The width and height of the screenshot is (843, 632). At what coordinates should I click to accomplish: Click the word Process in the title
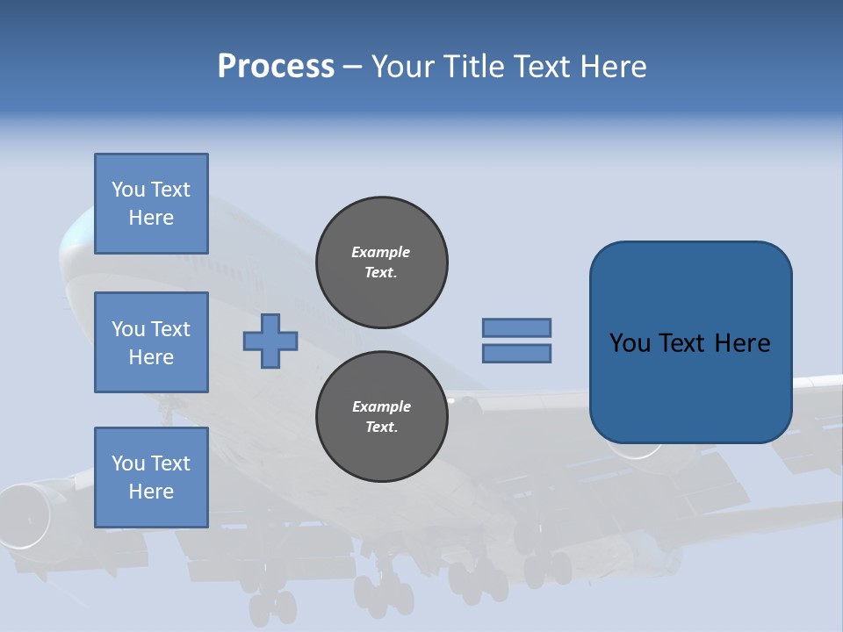click(x=276, y=67)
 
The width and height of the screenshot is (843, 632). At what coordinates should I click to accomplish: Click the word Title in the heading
click(x=474, y=67)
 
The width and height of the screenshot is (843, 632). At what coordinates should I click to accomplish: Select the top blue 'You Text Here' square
click(x=151, y=204)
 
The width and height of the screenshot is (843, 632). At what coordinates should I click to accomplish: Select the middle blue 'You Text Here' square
click(x=151, y=342)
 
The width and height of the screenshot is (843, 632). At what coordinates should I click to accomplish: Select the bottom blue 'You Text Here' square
click(x=151, y=478)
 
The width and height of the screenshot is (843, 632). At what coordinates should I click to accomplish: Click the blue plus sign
click(x=270, y=341)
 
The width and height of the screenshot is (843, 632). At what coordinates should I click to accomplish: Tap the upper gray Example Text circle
click(x=381, y=262)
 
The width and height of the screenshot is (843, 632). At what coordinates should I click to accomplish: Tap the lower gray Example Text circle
click(x=381, y=417)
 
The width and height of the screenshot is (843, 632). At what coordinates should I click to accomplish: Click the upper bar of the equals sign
click(x=516, y=327)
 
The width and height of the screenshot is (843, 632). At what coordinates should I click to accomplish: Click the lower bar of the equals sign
click(x=516, y=354)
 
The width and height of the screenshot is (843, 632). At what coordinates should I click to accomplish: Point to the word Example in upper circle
click(x=380, y=252)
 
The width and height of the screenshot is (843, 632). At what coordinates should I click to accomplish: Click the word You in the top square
click(x=128, y=190)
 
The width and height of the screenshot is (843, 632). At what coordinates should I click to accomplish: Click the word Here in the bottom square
click(x=151, y=492)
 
